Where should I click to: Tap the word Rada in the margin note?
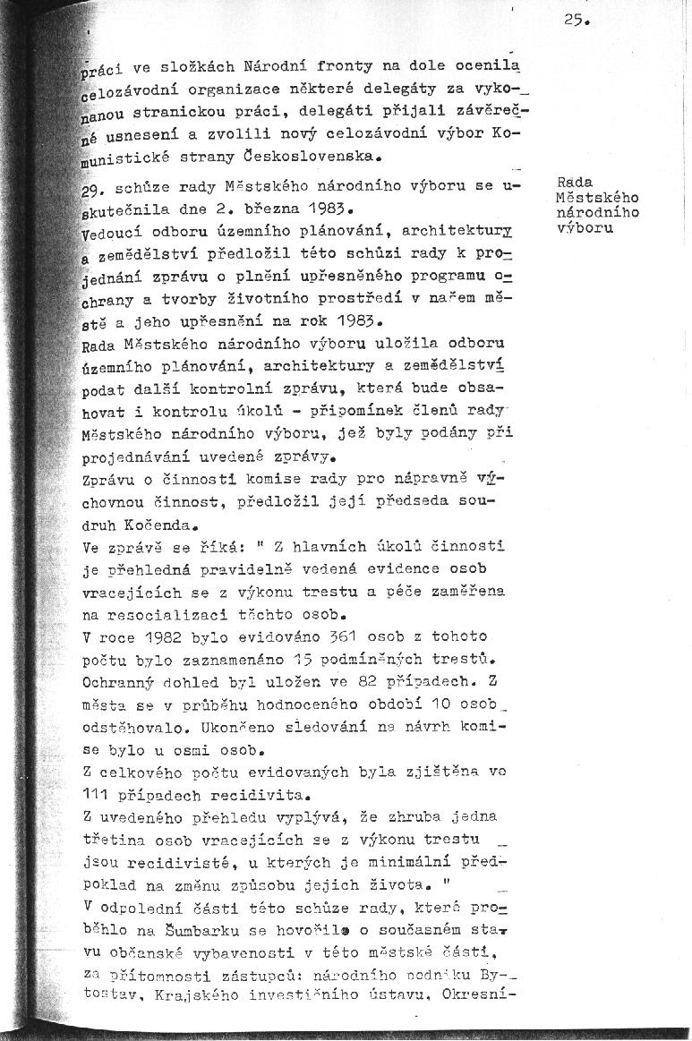point(570,183)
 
